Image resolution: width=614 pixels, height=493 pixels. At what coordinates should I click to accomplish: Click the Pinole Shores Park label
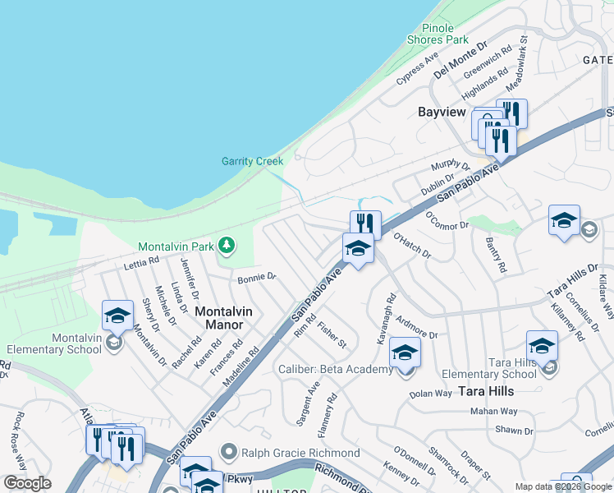point(438,33)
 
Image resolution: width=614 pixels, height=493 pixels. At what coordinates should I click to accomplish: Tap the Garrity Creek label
point(252,161)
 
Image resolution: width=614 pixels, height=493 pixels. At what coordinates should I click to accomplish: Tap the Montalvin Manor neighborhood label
point(223,319)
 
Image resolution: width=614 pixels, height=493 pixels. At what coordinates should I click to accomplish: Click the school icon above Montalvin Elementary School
point(117,316)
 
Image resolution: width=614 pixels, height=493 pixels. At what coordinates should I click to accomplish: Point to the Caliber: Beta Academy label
point(335,370)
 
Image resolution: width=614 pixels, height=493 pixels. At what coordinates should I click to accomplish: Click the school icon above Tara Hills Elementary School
point(542,346)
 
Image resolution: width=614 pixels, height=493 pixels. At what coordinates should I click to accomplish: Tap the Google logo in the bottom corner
point(27,483)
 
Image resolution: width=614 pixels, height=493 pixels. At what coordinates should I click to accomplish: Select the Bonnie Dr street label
point(256,279)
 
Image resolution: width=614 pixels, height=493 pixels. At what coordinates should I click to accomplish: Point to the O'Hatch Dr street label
point(412,244)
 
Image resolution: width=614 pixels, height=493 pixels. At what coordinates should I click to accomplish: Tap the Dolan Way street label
point(431,394)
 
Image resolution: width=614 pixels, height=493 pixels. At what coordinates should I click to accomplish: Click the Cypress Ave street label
point(418,70)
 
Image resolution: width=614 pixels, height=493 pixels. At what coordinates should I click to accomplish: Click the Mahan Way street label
point(493,411)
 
